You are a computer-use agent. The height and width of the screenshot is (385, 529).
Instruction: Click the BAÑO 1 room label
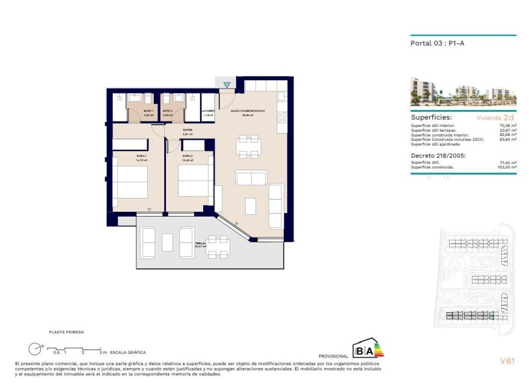(148, 111)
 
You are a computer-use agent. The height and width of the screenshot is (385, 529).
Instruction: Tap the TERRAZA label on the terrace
(200, 244)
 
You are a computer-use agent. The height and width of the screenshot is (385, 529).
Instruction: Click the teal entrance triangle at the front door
(227, 85)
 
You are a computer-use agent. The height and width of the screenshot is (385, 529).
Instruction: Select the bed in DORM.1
(130, 182)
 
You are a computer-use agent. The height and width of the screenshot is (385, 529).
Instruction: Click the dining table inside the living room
(248, 146)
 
